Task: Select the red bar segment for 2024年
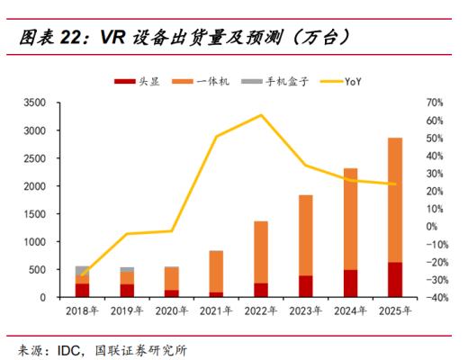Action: coord(350,283)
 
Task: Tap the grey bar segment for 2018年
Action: coord(83,270)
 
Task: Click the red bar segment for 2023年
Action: coord(305,286)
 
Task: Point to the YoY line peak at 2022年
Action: coord(261,115)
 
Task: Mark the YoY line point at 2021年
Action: coord(217,137)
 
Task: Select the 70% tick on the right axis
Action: coord(436,103)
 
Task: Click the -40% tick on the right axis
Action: coord(435,297)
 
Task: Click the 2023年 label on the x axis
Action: coord(305,312)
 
